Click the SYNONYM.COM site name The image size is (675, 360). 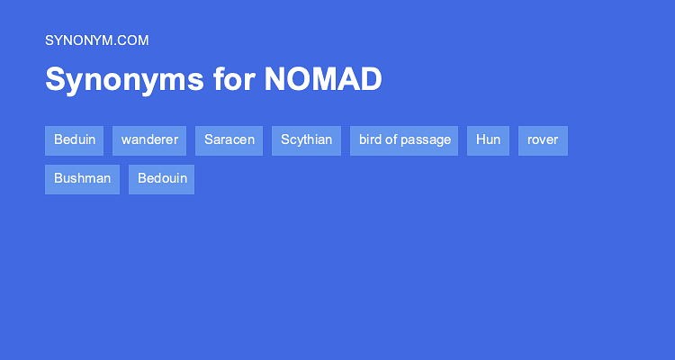pos(96,40)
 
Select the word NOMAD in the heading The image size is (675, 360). pos(323,80)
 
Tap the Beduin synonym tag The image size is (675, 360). pos(74,140)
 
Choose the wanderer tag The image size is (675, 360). pos(149,140)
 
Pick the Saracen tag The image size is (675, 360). pos(229,140)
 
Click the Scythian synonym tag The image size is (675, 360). pos(306,140)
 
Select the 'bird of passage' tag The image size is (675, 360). pos(404,140)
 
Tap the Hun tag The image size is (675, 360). pos(488,140)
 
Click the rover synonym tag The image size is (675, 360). pos(543,140)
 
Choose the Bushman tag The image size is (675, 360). pos(82,178)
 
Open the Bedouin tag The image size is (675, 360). pos(162,178)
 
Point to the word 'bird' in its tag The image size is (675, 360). pos(371,140)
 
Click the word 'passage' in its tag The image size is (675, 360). pos(427,140)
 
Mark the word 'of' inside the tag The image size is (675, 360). pos(392,140)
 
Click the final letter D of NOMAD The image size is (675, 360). pos(372,80)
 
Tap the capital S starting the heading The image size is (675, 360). pos(54,80)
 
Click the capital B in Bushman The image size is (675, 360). pos(58,178)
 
